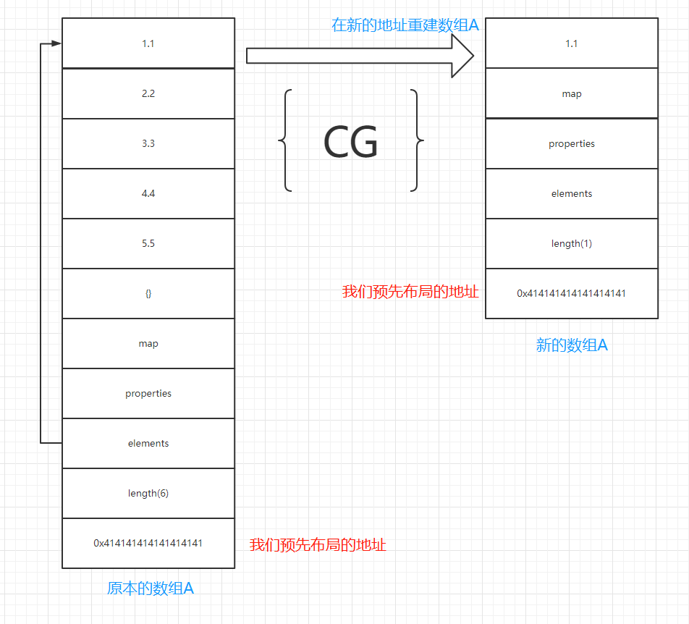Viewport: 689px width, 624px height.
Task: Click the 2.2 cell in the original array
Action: coord(148,93)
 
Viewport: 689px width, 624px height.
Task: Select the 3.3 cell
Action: coord(148,143)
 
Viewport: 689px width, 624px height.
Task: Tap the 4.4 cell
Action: coord(148,193)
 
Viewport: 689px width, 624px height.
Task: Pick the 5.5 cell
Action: coord(148,243)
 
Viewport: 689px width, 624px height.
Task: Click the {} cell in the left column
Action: coord(148,293)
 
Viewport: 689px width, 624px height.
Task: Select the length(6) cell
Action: coord(148,493)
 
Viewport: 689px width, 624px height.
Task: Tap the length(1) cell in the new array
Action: coord(572,243)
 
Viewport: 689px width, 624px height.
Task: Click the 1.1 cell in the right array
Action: coord(572,43)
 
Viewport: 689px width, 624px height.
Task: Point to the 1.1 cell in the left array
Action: coord(148,43)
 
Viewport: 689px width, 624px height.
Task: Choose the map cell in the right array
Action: coord(572,93)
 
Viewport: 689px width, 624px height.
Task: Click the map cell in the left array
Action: coord(148,343)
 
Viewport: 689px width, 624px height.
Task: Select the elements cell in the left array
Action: coord(148,443)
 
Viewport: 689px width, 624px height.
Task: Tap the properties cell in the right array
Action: coord(572,143)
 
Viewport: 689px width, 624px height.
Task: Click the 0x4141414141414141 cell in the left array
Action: coord(148,543)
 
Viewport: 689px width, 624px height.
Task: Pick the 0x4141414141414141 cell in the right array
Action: coord(572,293)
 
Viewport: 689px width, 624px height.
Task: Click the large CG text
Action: coord(350,143)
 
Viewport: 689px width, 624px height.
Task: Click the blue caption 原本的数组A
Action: coord(151,589)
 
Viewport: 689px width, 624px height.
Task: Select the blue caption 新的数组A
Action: coord(572,345)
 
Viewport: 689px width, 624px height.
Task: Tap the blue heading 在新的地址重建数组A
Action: coord(405,25)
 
